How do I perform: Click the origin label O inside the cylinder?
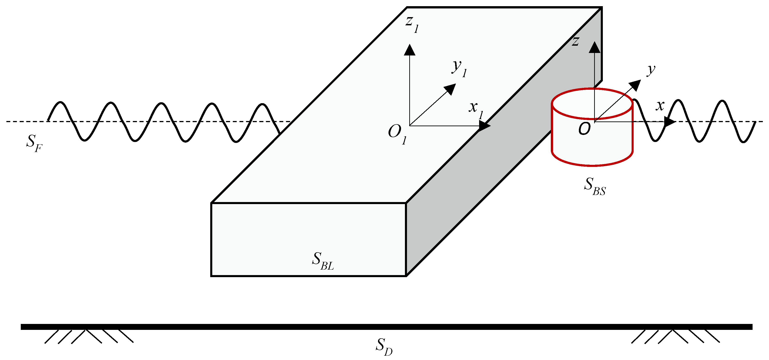(584, 129)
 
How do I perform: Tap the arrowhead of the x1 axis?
(484, 126)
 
